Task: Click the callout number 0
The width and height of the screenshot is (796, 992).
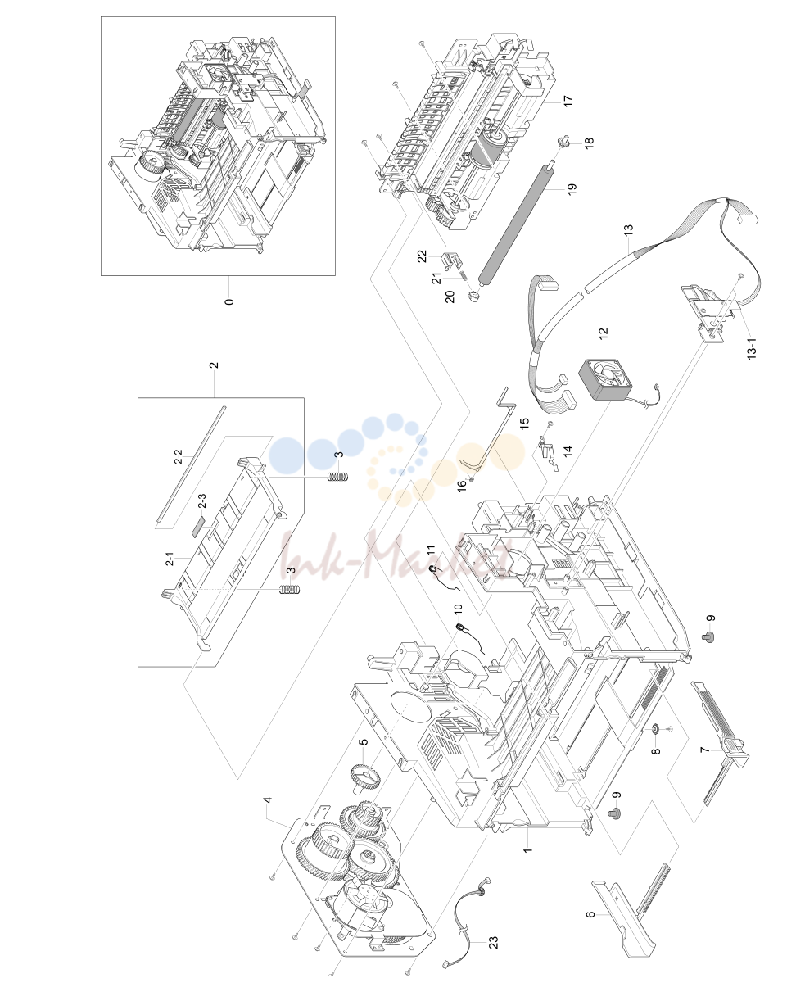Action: point(229,301)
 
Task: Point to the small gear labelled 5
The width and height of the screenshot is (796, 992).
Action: point(365,778)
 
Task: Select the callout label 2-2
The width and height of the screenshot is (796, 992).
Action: point(179,456)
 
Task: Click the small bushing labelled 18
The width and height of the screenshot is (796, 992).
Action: point(562,142)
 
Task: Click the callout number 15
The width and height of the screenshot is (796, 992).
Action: point(524,424)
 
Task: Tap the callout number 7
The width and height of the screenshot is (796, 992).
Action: point(704,750)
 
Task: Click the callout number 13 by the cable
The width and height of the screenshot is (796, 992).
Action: point(628,229)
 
